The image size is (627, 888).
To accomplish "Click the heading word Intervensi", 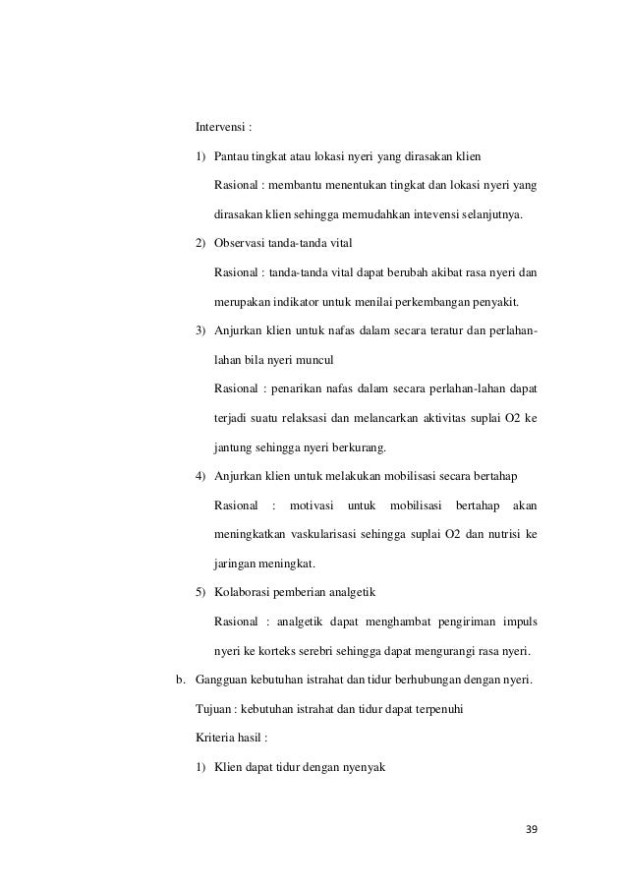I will [x=219, y=128].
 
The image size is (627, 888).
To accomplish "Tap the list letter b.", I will [x=180, y=678].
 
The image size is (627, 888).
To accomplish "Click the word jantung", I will [x=233, y=448].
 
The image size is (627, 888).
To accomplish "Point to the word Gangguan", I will [x=225, y=678].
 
